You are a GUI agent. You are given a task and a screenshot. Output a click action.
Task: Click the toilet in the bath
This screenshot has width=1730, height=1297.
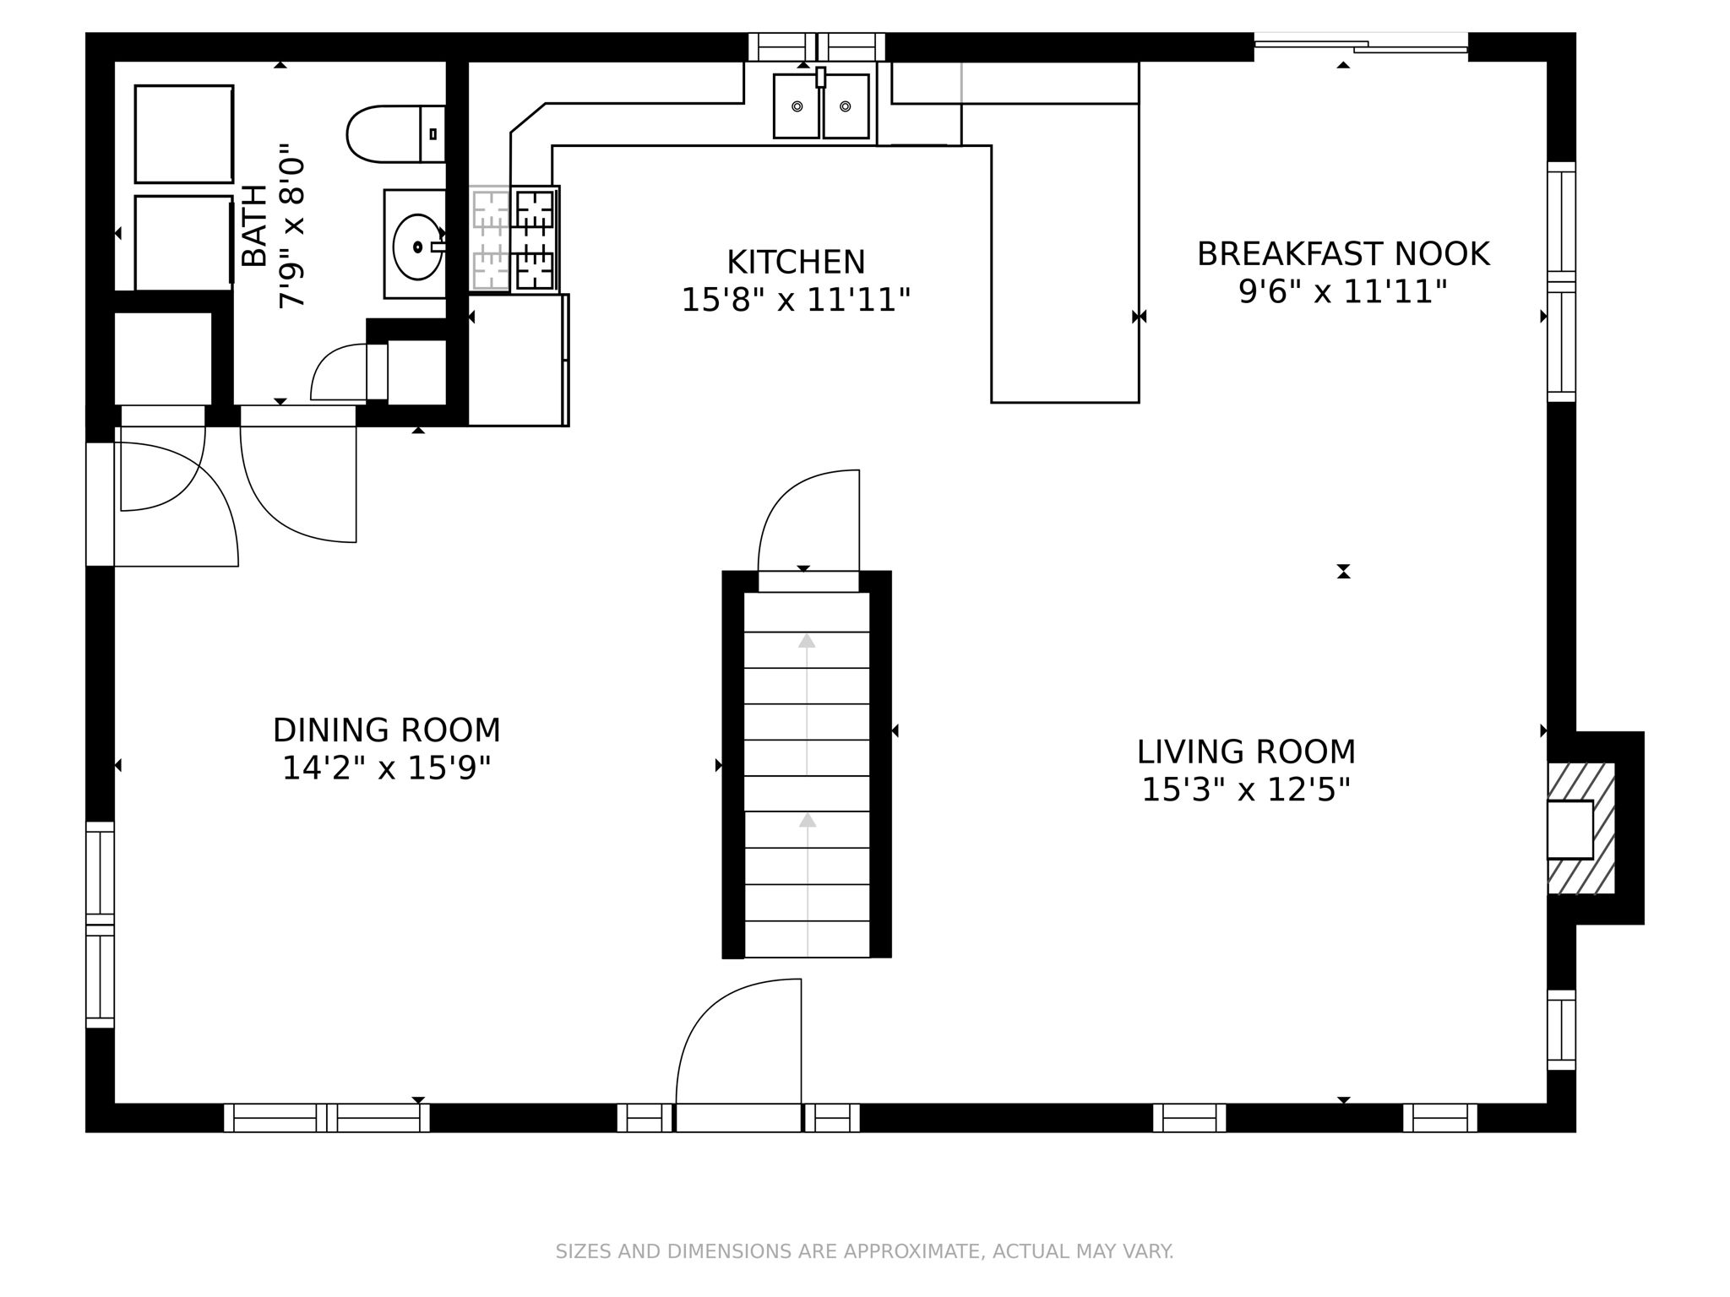tap(395, 134)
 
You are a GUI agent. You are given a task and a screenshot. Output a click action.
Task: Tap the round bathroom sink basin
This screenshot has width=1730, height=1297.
tap(417, 247)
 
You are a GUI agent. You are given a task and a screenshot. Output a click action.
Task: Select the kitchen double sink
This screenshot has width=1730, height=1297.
tap(821, 106)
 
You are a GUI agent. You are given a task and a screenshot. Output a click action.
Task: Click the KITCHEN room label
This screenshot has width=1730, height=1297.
tap(796, 263)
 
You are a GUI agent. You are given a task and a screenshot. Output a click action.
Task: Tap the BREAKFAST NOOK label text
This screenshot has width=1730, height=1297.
tap(1343, 254)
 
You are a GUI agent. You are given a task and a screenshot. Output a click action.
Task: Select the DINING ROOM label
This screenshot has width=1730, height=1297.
tap(387, 730)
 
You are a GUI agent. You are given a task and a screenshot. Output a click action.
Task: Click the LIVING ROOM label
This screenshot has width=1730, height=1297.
tap(1246, 752)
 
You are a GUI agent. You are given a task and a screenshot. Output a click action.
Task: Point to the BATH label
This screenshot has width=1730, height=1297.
tap(254, 225)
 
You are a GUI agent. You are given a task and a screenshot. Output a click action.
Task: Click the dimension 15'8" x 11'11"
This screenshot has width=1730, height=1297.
tap(796, 301)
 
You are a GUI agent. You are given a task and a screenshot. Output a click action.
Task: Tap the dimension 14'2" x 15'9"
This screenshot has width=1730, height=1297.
tap(387, 769)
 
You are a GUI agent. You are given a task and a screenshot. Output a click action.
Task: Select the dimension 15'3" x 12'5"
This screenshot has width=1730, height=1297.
tap(1246, 791)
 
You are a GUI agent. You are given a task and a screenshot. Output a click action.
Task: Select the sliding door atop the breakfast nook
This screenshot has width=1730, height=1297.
tap(1361, 46)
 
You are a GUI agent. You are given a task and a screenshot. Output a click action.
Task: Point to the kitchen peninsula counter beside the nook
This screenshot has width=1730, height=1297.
tap(1065, 274)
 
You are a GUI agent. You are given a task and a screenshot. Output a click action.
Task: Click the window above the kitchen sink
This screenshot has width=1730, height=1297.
tap(817, 47)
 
